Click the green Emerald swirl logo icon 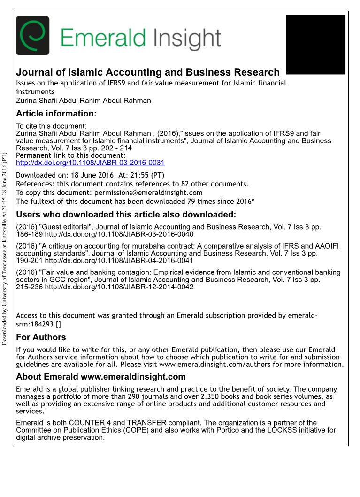[x=32, y=36]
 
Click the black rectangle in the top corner [x=315, y=44]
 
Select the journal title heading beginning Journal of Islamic [x=148, y=72]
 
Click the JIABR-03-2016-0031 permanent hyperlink [x=90, y=163]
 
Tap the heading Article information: [x=56, y=114]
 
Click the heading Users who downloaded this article [x=126, y=215]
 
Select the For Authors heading [x=41, y=337]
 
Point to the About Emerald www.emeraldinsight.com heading [x=101, y=377]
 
